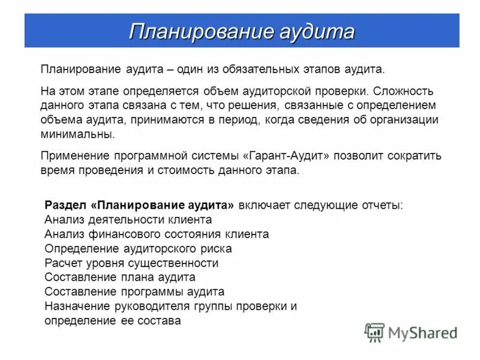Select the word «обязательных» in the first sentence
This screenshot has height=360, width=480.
click(257, 70)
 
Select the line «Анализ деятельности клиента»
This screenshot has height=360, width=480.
click(128, 220)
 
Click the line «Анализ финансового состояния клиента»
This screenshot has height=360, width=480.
click(157, 234)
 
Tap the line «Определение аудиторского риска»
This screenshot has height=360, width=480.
click(138, 248)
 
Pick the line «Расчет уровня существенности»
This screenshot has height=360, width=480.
click(131, 263)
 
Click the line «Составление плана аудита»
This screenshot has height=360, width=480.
click(120, 277)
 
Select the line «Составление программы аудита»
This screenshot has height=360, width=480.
click(134, 292)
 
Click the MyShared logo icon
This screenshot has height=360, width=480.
click(374, 332)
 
